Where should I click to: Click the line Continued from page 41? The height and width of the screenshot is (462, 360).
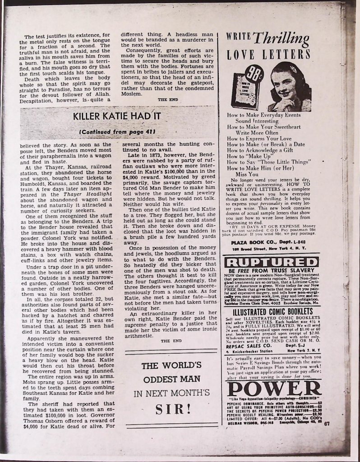(x=117, y=131)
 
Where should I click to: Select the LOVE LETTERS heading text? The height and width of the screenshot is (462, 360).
(x=268, y=55)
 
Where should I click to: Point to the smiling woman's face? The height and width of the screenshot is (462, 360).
(x=284, y=84)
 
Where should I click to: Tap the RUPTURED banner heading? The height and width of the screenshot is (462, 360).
(x=272, y=263)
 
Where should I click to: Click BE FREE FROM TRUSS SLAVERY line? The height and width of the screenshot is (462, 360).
(x=271, y=271)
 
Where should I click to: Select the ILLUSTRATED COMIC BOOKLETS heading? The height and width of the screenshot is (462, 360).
(x=272, y=312)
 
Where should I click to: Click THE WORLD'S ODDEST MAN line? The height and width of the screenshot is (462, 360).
(x=171, y=373)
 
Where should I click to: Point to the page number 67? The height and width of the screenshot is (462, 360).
(x=327, y=423)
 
